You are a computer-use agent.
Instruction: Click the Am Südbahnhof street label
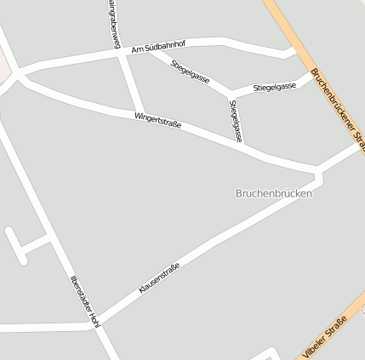coord(158,47)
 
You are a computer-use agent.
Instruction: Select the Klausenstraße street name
coord(159,278)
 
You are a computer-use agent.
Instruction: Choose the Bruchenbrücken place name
coord(273,193)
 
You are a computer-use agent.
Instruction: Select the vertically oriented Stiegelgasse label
coord(237,120)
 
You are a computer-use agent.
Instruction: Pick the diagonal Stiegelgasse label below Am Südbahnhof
coord(190,70)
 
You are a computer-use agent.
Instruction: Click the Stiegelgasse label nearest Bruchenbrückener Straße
coord(274,86)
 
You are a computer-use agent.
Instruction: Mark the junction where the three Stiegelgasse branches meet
coord(231,91)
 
